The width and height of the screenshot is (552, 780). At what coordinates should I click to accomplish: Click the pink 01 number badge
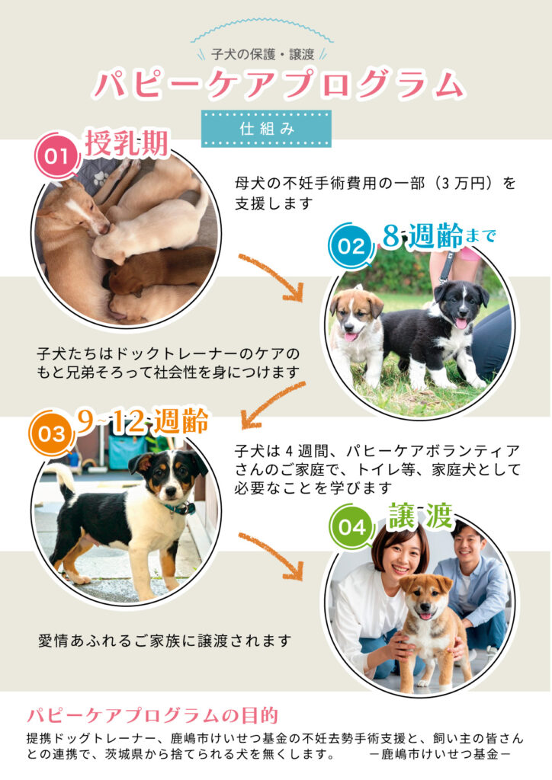point(56,157)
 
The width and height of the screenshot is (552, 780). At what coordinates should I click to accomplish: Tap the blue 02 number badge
point(351,246)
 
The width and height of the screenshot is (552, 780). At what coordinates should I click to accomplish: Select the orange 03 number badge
point(51,433)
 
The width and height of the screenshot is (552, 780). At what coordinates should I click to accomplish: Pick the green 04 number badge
point(352,527)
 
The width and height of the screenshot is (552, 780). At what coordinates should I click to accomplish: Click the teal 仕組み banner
point(266,128)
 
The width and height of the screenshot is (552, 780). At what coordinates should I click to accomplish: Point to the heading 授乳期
point(127,144)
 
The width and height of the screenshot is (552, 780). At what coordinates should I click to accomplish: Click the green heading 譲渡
point(421,516)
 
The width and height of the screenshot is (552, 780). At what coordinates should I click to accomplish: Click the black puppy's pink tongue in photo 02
point(461,324)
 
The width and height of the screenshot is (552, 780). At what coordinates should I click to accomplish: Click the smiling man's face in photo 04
point(468,545)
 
